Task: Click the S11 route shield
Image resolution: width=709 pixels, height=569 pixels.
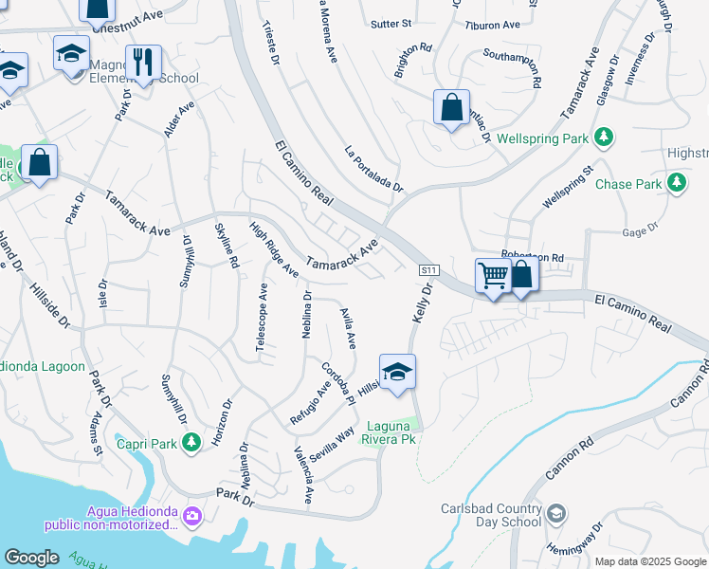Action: (429, 270)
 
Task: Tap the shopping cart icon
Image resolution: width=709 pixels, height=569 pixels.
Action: (493, 276)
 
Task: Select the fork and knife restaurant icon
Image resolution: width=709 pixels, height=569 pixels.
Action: (143, 63)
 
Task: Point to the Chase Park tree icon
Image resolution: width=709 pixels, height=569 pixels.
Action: (676, 182)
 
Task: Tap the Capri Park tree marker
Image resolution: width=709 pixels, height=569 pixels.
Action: (191, 441)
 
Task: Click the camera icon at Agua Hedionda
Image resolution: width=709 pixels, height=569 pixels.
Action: (193, 516)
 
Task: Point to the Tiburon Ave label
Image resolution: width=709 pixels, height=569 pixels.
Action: (493, 25)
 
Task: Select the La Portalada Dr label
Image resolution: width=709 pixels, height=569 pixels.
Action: (373, 168)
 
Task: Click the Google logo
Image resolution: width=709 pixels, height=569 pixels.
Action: (31, 558)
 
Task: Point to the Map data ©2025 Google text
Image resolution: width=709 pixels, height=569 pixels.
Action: (648, 561)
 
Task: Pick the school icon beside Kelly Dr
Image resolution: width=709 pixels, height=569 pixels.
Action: (398, 371)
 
